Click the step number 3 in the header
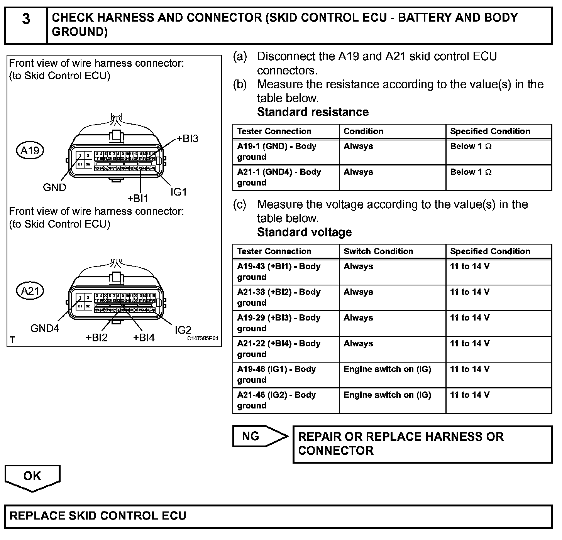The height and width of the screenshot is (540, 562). point(26,19)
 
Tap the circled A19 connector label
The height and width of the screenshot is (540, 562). point(30,150)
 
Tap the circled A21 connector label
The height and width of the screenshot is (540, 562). point(30,291)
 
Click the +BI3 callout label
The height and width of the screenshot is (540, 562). point(187,139)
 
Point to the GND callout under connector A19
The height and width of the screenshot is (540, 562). point(54,187)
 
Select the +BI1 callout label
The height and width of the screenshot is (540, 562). point(138,198)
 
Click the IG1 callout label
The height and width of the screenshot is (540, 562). point(179,192)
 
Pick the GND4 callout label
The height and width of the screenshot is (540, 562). point(45,329)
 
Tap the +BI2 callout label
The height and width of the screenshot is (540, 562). point(96,338)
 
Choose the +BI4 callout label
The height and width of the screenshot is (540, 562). point(144,338)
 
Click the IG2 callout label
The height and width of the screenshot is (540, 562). point(183,330)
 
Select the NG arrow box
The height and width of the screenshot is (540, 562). point(259,436)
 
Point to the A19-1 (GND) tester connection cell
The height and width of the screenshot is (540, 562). point(286,152)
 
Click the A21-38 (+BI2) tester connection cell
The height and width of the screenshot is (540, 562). point(286,297)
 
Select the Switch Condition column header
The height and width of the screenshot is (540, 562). point(378,251)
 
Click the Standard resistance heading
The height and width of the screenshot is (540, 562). point(313,112)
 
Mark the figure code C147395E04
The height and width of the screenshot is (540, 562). point(203,339)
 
